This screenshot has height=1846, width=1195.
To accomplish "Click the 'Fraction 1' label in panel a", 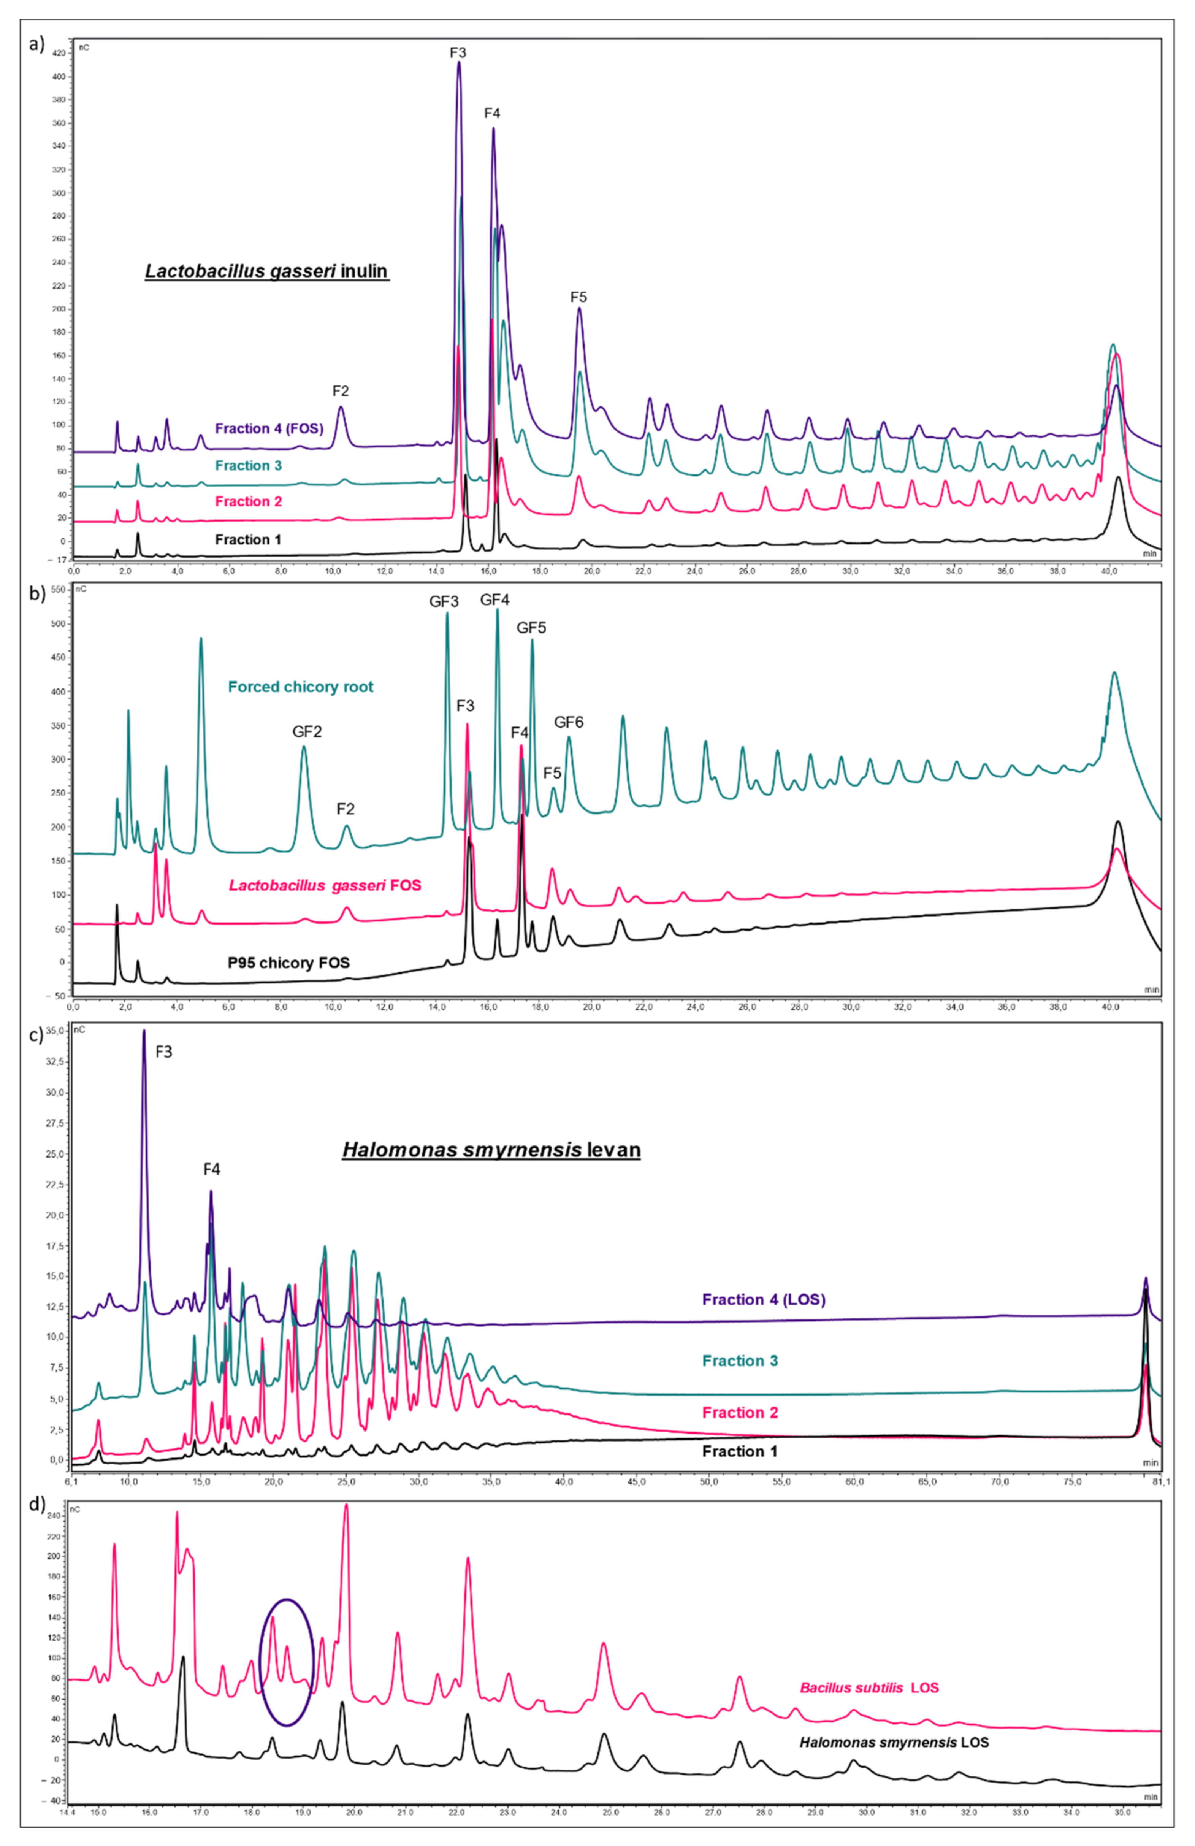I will click(x=248, y=539).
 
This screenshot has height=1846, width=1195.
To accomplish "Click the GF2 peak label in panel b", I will click(x=307, y=731).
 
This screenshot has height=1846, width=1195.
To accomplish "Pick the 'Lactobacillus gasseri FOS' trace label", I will click(x=325, y=885).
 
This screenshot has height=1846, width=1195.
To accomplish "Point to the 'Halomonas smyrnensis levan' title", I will click(x=492, y=1149).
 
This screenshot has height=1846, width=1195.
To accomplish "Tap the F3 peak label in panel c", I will click(x=163, y=1052).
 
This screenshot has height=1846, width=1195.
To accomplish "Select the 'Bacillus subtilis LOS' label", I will click(x=869, y=1688).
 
